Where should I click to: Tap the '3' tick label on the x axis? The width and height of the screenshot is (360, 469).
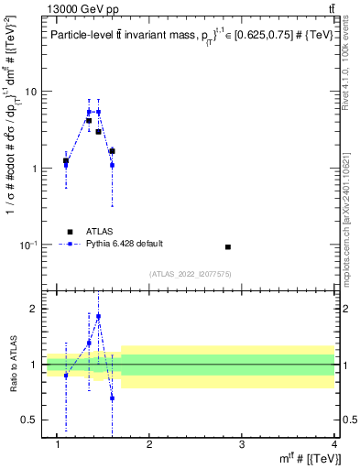pos(242,444)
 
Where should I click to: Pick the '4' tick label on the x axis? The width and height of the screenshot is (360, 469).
pos(333,444)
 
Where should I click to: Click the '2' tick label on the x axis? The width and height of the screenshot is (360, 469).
pos(149,444)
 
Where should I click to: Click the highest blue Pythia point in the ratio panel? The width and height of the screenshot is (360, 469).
pos(98,317)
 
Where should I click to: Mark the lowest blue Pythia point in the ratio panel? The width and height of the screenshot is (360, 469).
pos(112,398)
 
